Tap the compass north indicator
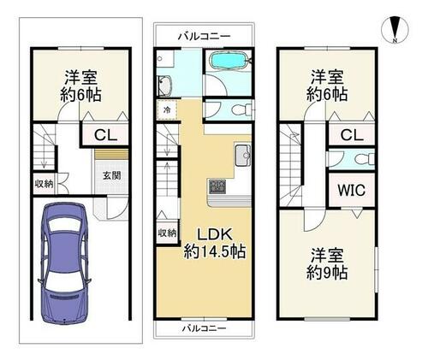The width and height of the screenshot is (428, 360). (x=395, y=30)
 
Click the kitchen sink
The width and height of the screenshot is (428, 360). (x=243, y=156)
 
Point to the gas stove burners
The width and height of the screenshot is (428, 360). (x=217, y=186)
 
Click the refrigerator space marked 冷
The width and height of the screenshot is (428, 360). (x=167, y=110)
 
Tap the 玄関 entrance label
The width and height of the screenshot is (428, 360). (x=112, y=175)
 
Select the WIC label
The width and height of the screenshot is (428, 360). (x=351, y=190)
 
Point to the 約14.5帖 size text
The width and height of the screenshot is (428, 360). (x=215, y=252)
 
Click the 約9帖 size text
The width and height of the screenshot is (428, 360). (x=327, y=273)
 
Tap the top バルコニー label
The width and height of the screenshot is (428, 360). (x=204, y=37)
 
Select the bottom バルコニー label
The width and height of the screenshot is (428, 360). (x=204, y=328)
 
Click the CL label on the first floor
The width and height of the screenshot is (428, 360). (x=106, y=135)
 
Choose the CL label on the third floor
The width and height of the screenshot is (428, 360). (x=352, y=135)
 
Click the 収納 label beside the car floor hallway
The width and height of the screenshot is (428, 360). (x=44, y=184)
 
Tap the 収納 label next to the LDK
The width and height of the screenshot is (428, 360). (x=167, y=233)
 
